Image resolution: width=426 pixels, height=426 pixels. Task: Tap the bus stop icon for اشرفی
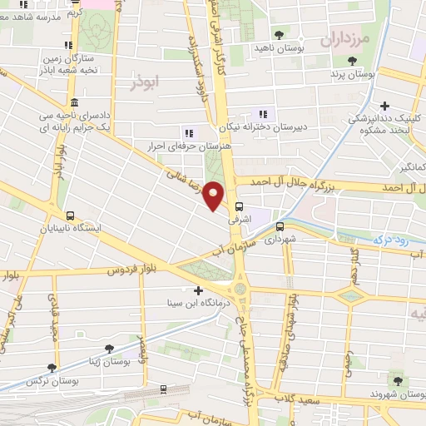(240, 206)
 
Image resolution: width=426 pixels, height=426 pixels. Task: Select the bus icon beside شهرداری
(280, 225)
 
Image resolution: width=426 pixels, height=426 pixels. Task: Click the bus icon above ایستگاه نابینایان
(71, 214)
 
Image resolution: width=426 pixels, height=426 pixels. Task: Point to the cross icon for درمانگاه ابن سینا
(197, 290)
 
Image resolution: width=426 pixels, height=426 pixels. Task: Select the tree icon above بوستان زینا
(106, 349)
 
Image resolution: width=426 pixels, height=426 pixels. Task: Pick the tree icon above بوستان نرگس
(52, 367)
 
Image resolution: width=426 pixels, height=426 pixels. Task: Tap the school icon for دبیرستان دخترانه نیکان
(264, 114)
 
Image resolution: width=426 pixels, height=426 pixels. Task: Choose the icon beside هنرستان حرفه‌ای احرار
(188, 132)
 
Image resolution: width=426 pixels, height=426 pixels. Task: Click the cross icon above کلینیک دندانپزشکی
(384, 106)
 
